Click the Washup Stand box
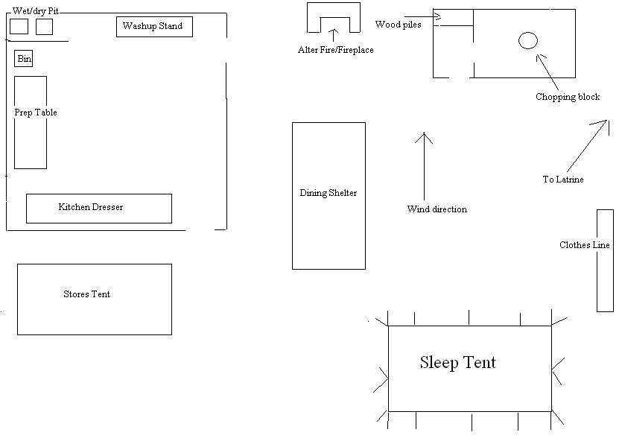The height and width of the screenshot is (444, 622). point(154,27)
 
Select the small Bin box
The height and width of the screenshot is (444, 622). point(24,59)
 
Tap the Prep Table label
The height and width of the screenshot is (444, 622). point(36,112)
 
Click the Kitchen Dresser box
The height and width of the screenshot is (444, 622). point(98,208)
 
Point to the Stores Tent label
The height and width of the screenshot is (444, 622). point(86,294)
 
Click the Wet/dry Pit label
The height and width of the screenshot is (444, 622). point(36,11)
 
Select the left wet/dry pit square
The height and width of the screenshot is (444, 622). point(19,27)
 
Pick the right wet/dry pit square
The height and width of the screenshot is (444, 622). point(45,27)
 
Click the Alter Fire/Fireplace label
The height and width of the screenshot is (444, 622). point(336,50)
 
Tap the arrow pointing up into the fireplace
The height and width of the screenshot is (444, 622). point(334,33)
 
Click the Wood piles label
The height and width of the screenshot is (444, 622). point(398,25)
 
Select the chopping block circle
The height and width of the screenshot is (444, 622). point(527,40)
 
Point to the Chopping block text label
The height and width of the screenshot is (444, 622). point(568,97)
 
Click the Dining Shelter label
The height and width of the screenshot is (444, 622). point(329,193)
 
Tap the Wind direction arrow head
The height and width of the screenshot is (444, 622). point(424,136)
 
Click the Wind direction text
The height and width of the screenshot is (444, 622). point(437,209)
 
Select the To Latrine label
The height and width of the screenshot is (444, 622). point(563,180)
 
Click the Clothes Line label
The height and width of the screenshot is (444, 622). point(585,245)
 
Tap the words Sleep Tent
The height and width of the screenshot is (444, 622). point(457,363)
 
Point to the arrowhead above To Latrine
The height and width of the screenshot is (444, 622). point(605,121)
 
